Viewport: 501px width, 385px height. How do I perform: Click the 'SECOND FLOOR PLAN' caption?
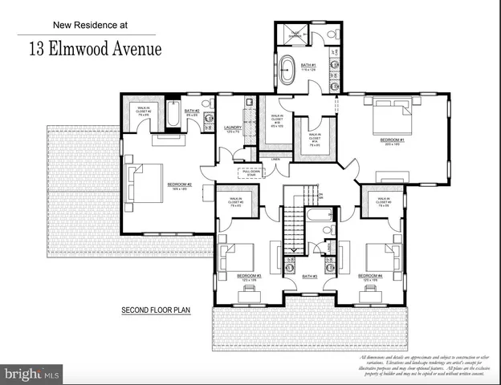click(x=155, y=310)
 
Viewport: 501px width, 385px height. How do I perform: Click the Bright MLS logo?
click(x=31, y=374)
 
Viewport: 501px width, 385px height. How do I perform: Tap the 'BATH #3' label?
click(x=310, y=277)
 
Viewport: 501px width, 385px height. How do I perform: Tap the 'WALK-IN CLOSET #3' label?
click(x=235, y=201)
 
